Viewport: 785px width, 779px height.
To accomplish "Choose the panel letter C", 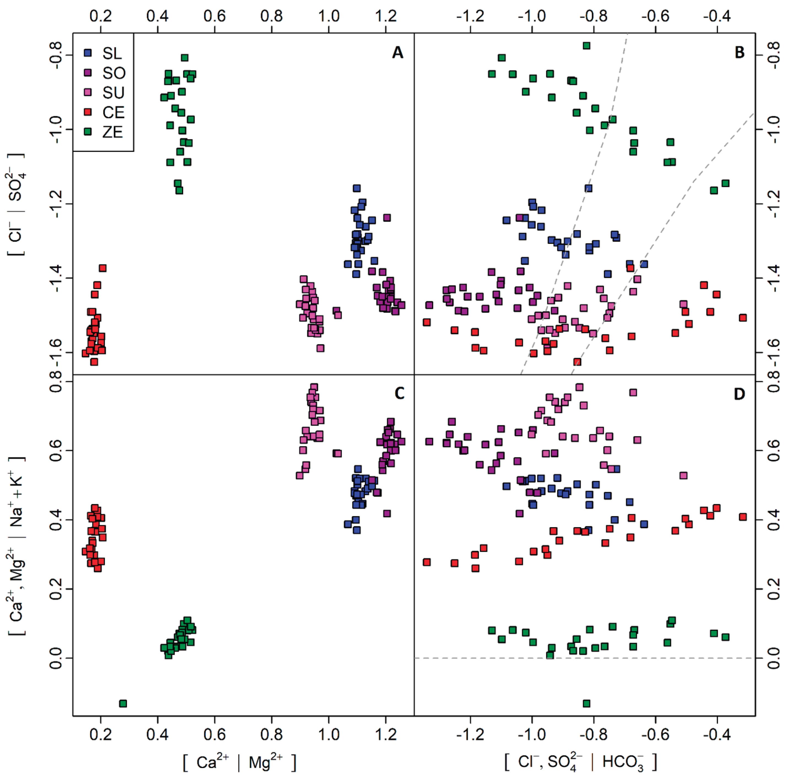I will click(x=399, y=393).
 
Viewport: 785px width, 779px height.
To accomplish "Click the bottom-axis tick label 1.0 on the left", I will click(x=328, y=734).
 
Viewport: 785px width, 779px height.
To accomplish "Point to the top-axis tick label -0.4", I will click(x=717, y=16).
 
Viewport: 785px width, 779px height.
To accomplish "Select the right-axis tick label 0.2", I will click(x=773, y=589).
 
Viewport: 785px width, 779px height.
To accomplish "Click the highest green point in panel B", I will click(x=586, y=45).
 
